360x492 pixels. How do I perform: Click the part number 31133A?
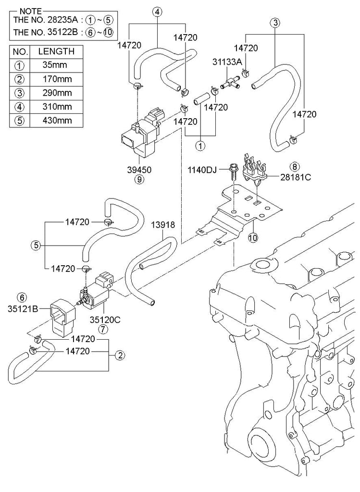click(227, 62)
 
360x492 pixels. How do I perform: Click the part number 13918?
click(163, 224)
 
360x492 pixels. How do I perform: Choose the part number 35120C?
click(102, 318)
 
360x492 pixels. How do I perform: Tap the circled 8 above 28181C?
click(295, 166)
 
